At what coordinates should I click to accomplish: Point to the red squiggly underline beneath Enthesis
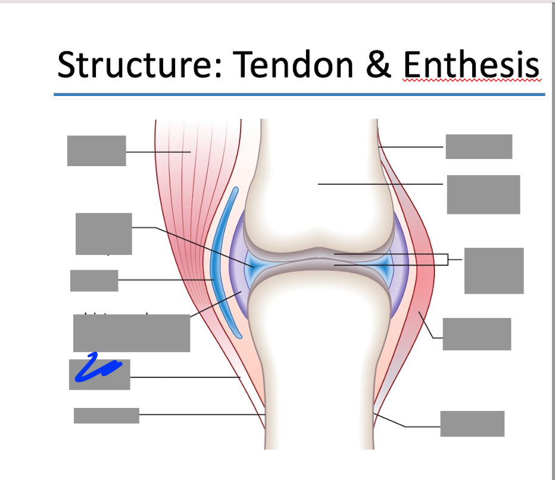tap(471, 80)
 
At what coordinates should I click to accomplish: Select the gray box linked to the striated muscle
tap(96, 151)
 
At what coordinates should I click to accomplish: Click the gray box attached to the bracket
tap(494, 270)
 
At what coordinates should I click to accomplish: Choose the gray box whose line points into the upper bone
tap(483, 194)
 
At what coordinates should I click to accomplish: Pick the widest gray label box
tap(132, 333)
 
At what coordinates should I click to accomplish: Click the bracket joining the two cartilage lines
tap(448, 260)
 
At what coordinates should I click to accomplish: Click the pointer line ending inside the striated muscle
tap(158, 152)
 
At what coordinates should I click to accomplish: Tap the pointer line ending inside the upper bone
tap(381, 184)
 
